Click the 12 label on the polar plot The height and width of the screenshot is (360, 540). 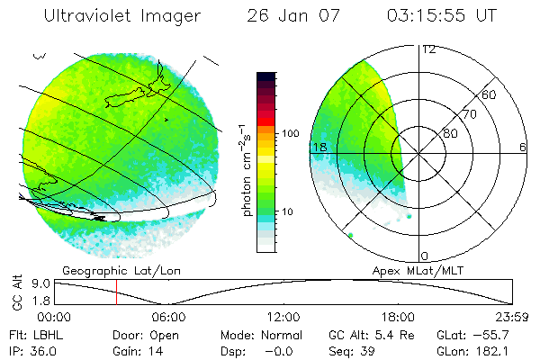point(428,50)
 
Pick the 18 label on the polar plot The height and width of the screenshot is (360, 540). point(318,147)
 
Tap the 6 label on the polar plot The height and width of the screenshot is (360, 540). point(523,147)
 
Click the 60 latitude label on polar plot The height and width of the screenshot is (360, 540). point(490,95)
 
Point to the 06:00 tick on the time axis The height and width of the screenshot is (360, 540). point(169,317)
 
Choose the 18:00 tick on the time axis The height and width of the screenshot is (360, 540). point(398,317)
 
